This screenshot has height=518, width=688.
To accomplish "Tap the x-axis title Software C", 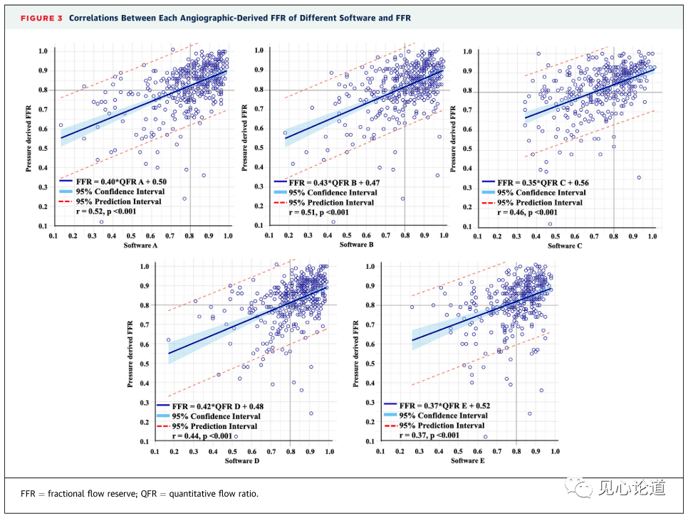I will [564, 245].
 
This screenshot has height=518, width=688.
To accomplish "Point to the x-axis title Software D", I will [243, 461].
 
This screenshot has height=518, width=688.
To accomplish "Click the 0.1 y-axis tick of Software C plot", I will [469, 226].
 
